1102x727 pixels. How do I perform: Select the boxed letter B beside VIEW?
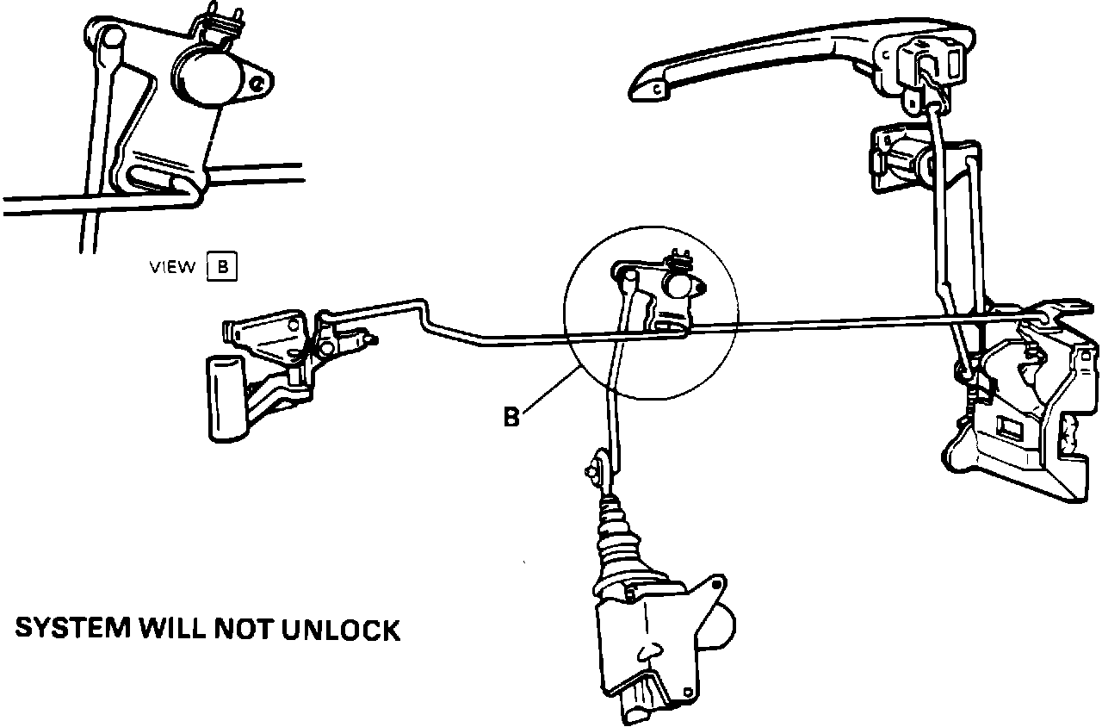coord(222,267)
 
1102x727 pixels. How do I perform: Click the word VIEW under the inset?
coord(172,268)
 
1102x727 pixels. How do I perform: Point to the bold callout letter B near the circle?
coord(511,419)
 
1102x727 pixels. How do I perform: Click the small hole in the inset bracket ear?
coord(257,84)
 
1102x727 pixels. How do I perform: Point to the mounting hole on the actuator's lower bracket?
coord(686,692)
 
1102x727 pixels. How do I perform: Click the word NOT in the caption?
coord(245,630)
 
